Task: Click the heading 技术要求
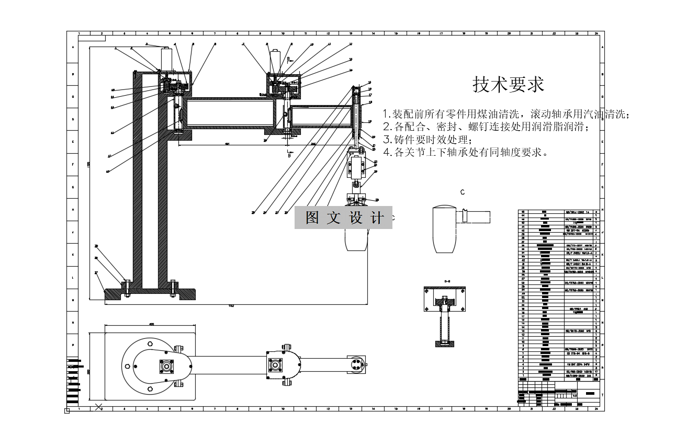click(x=508, y=84)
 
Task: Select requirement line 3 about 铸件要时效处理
click(x=427, y=140)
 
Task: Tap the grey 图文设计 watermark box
click(x=343, y=217)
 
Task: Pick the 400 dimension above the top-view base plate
click(x=151, y=325)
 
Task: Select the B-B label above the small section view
click(x=447, y=281)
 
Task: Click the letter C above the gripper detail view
click(x=463, y=192)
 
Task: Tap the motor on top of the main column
click(x=167, y=58)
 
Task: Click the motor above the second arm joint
click(x=276, y=61)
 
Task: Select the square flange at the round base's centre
click(x=167, y=365)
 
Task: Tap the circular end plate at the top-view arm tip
click(x=356, y=364)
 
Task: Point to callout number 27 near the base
click(x=96, y=272)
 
